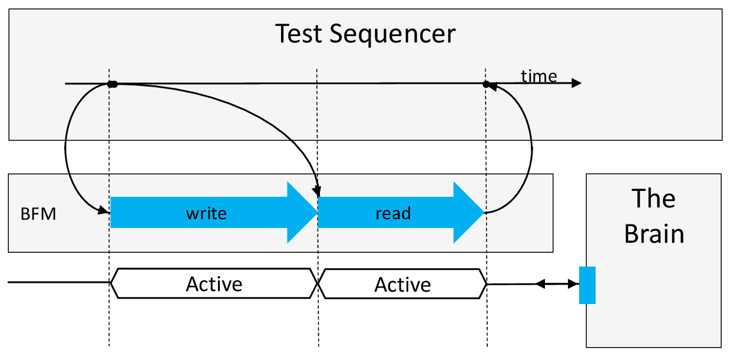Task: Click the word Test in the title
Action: click(299, 34)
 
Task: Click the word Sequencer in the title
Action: click(392, 35)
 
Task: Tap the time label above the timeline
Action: click(539, 76)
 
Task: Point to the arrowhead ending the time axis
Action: click(576, 83)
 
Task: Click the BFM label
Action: click(38, 214)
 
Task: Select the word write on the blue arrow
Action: click(206, 213)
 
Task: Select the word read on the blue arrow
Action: click(393, 213)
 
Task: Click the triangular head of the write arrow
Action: click(301, 213)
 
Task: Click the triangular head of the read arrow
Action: click(468, 213)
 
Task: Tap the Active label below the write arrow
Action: click(214, 284)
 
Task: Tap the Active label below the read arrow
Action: click(403, 285)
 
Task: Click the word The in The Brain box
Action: click(653, 199)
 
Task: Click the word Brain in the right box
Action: click(654, 234)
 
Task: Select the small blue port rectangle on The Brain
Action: click(587, 285)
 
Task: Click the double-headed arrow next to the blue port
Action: click(557, 283)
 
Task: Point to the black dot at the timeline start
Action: click(112, 84)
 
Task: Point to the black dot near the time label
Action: click(486, 84)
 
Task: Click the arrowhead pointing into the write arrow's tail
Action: click(104, 210)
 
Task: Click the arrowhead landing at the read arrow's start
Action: click(317, 190)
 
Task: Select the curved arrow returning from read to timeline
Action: click(532, 148)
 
